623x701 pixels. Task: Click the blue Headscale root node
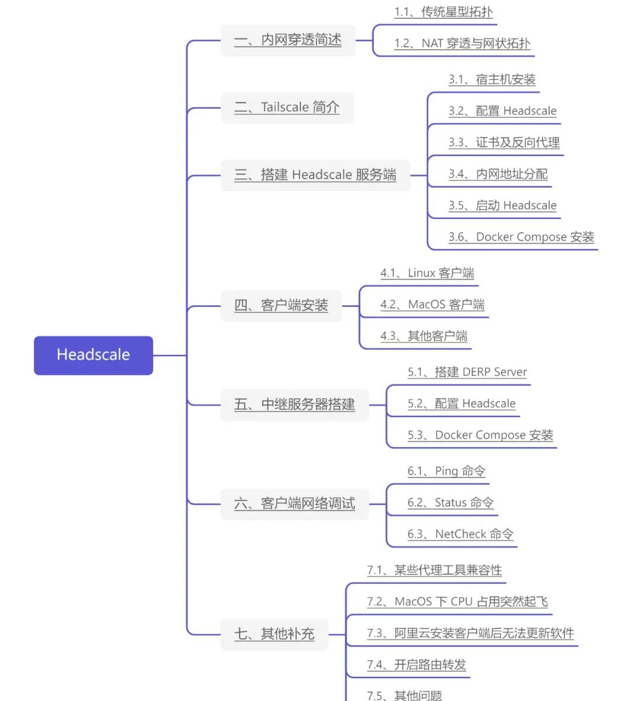tap(93, 355)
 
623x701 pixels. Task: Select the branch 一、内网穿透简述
tap(288, 40)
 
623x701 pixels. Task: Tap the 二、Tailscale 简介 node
tap(287, 107)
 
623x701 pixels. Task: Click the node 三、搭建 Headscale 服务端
tap(315, 175)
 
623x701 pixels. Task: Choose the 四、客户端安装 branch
tap(281, 306)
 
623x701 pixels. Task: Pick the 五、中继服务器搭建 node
tap(295, 405)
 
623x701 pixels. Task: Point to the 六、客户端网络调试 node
tap(295, 504)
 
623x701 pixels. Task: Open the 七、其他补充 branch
tap(274, 634)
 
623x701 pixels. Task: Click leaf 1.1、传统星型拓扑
tap(443, 12)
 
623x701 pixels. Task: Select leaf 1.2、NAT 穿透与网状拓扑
tap(462, 43)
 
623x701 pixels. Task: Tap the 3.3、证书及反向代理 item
tap(503, 143)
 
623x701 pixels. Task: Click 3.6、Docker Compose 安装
tap(521, 237)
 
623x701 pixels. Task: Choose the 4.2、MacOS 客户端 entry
tap(432, 305)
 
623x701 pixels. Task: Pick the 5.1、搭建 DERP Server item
tap(467, 372)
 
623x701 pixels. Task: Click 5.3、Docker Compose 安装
tap(480, 435)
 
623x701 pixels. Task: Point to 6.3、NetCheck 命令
tap(460, 534)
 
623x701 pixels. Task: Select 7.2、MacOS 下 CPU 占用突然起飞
tap(457, 602)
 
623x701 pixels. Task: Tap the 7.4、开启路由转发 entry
tap(416, 665)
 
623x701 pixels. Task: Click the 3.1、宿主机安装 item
tap(492, 79)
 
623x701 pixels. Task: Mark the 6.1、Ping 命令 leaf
tap(446, 471)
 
